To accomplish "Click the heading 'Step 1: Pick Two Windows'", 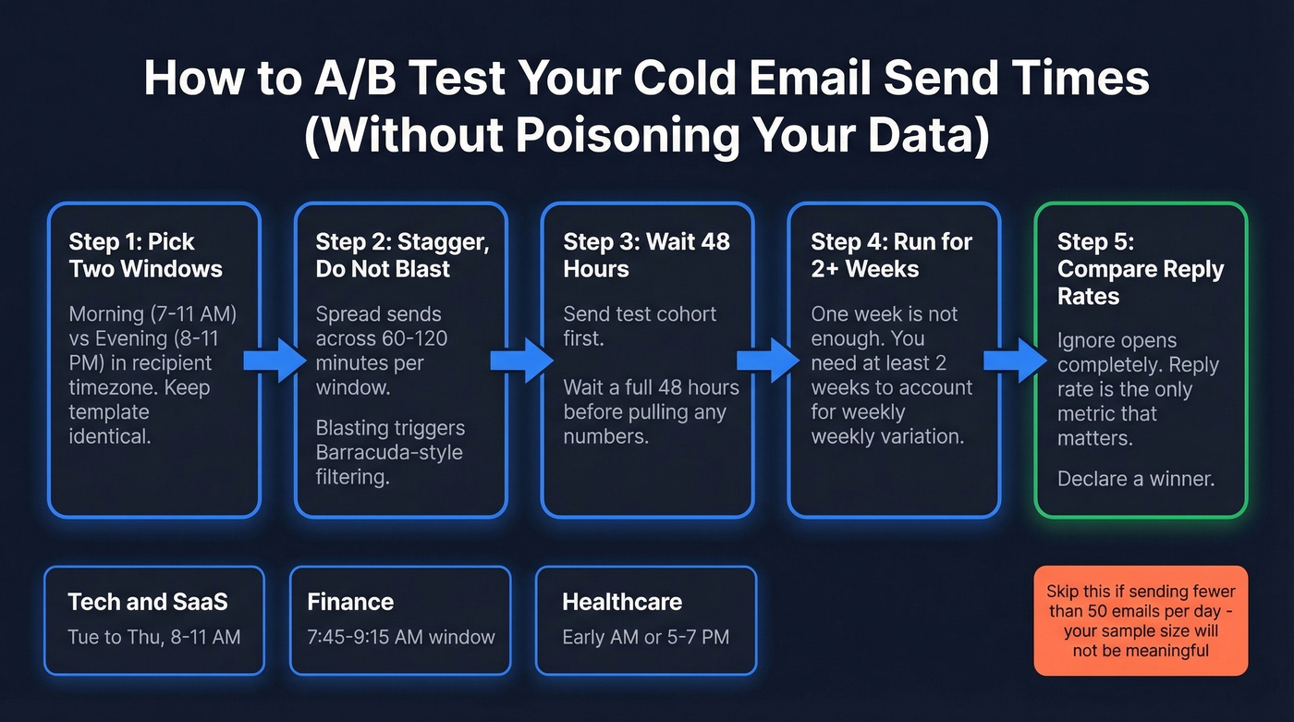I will point(145,255).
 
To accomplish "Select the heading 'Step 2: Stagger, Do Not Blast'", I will point(401,255).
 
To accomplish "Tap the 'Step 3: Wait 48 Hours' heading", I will point(646,255).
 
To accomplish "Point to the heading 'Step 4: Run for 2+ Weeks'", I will point(891,255).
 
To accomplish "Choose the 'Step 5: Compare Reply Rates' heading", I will point(1141,269).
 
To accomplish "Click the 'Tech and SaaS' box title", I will point(147,602).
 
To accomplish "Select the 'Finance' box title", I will point(350,602).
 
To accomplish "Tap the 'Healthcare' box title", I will point(622,602).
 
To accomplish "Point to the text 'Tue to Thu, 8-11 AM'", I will point(153,637).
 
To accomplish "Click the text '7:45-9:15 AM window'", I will point(401,637).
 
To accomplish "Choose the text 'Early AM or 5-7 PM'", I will point(645,637).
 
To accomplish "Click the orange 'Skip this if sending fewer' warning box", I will point(1140,621).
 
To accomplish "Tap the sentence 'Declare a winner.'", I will point(1136,479).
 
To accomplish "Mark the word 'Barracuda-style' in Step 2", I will point(388,453).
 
